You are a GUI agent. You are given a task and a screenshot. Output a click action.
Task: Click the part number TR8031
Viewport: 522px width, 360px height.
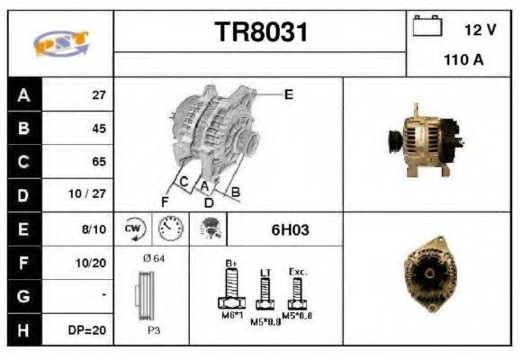pos(261,33)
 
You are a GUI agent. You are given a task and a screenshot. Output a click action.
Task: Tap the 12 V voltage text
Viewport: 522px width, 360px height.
pos(480,30)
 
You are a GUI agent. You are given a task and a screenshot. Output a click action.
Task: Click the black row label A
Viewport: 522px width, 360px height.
pos(23,94)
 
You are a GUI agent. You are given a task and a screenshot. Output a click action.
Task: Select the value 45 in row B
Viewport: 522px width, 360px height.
pos(98,128)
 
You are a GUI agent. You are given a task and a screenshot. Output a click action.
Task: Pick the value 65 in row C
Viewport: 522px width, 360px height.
pos(98,162)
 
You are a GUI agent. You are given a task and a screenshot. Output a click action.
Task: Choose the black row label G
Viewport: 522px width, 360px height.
pos(23,296)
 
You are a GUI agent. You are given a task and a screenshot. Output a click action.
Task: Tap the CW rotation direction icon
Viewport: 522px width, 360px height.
pos(133,229)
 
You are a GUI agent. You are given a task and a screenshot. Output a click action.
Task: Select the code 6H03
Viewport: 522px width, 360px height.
pos(290,229)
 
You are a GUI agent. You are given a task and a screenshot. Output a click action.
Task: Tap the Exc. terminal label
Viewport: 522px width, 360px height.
pos(298,270)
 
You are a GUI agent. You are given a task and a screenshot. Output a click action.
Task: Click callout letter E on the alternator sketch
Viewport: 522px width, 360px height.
pos(289,94)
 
